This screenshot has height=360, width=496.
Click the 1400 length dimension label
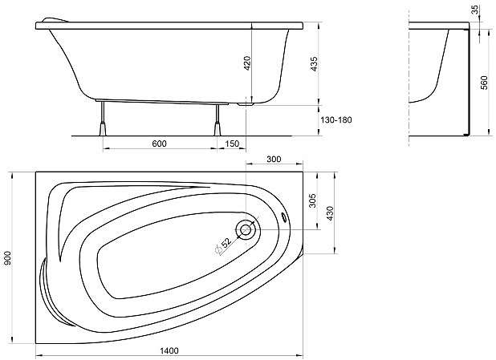[x=169, y=350]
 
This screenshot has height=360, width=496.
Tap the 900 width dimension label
[x=7, y=258]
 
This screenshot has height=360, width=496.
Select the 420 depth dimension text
[x=247, y=63]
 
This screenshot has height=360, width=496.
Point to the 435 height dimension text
[x=314, y=63]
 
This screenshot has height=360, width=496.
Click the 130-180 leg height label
[x=336, y=120]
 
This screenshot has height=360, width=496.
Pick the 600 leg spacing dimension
[x=159, y=144]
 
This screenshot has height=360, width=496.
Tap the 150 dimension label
[x=232, y=144]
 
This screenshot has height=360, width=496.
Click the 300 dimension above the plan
[x=274, y=159]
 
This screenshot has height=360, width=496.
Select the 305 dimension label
[x=312, y=200]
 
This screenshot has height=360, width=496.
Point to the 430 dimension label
[x=330, y=213]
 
